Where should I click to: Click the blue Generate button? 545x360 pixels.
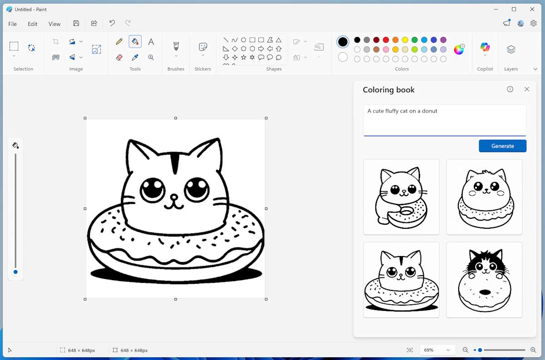(502, 146)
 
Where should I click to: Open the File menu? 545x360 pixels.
(13, 24)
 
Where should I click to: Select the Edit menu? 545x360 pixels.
(33, 24)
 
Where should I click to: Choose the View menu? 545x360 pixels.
(54, 24)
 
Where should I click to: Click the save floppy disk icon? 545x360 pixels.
(76, 23)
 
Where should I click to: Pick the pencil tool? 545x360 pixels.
(119, 42)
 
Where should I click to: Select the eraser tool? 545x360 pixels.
(119, 58)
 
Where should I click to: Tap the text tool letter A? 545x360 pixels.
(151, 42)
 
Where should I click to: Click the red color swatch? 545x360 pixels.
(386, 40)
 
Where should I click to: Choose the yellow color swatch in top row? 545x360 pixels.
(405, 40)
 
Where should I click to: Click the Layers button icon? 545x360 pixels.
(511, 49)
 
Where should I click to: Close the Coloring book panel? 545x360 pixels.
(527, 89)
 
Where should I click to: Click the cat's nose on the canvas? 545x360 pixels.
(173, 198)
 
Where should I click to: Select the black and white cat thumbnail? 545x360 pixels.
(484, 280)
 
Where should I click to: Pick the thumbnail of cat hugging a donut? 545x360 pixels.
(401, 197)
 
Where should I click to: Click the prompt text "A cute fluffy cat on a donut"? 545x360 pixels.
(402, 111)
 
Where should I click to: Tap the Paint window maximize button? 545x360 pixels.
(514, 9)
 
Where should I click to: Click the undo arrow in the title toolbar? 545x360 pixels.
(112, 23)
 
